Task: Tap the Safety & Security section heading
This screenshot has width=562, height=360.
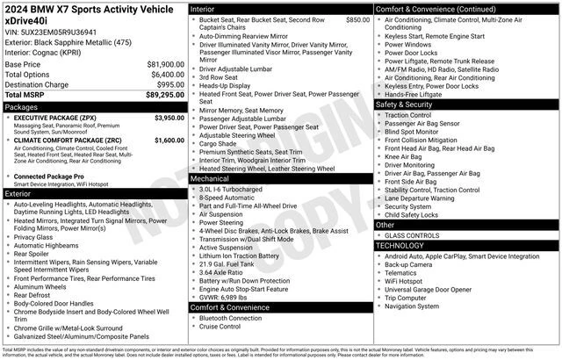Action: (x=405, y=104)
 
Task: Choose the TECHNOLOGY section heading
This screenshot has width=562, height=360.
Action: (x=400, y=246)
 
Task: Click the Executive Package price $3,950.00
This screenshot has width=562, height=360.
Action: (x=169, y=118)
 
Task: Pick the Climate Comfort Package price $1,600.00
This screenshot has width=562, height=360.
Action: (x=169, y=140)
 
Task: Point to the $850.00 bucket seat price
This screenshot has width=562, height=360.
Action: (x=357, y=19)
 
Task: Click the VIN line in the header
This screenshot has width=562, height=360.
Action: (x=51, y=32)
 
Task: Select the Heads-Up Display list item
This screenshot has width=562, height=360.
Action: (x=225, y=86)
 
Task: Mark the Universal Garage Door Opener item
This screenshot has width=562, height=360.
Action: (x=429, y=289)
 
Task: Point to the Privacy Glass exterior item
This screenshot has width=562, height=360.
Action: (x=33, y=237)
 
